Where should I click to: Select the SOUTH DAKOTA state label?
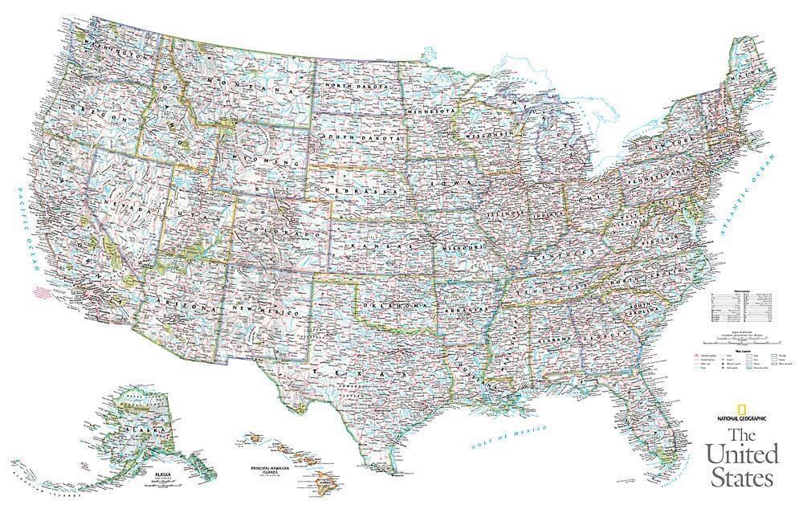[x=359, y=138]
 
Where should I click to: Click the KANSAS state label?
[x=377, y=239]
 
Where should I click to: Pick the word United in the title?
[x=742, y=454]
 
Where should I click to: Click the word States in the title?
[x=740, y=478]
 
